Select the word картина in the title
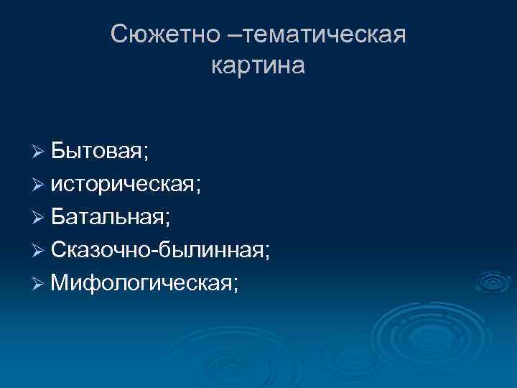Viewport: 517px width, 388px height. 258,65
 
